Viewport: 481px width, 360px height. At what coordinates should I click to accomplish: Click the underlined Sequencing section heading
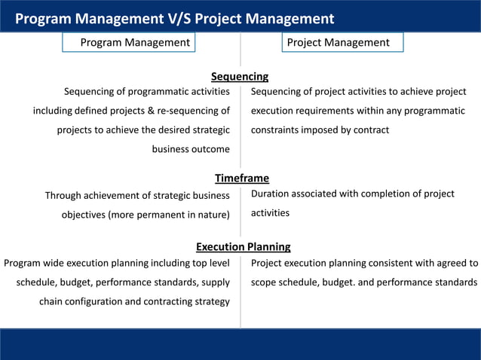coord(240,76)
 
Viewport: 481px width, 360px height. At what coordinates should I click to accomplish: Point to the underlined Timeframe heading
coord(241,178)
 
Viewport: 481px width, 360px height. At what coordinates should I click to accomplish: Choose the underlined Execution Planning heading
coord(243,246)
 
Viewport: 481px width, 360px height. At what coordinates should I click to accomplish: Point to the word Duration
coord(273,194)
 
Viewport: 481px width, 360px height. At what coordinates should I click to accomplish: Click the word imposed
coord(329,130)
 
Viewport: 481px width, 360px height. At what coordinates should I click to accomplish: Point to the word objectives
coord(83,215)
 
